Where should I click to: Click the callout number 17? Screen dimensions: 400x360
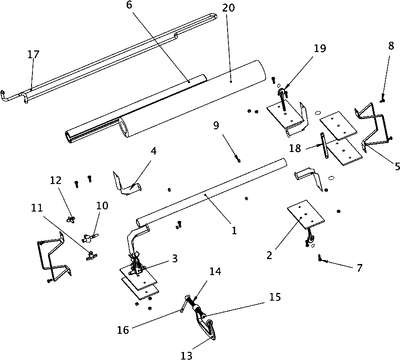(x=33, y=54)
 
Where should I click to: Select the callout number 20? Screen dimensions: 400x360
(x=228, y=7)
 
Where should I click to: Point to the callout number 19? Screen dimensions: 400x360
(x=319, y=48)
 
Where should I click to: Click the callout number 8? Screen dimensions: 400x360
(x=391, y=46)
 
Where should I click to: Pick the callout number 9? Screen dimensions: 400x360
(x=216, y=125)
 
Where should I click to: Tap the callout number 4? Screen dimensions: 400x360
(x=153, y=151)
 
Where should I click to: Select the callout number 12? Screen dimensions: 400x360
(x=56, y=180)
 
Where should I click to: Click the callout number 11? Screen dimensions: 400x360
(x=37, y=208)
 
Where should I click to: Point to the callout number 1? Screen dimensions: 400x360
(x=234, y=230)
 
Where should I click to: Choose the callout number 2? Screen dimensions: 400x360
(x=269, y=255)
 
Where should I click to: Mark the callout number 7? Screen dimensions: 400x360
(x=359, y=267)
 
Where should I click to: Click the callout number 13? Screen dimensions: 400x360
(x=187, y=355)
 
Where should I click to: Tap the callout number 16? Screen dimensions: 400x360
(x=123, y=330)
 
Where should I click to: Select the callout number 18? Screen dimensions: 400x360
(x=295, y=148)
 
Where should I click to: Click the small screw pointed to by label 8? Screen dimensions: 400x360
(x=383, y=98)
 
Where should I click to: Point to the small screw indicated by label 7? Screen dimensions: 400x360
(x=320, y=258)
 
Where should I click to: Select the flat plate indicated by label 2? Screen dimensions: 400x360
(x=306, y=215)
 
